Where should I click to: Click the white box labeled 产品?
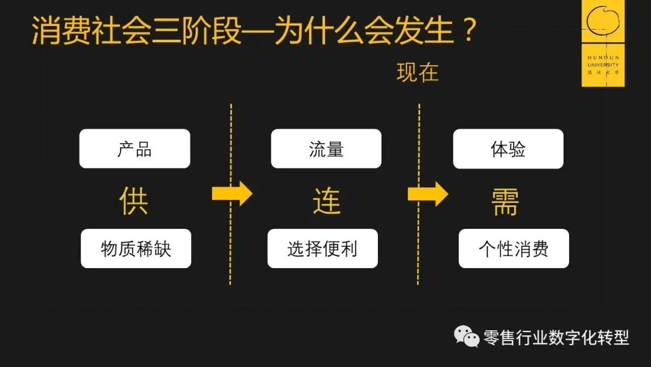(134, 148)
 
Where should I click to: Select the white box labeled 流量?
(326, 148)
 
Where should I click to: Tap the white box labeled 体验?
(508, 148)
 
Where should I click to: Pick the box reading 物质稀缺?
(136, 248)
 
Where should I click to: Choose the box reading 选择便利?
(322, 248)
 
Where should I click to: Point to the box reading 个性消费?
(514, 248)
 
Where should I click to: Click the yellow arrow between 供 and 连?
(231, 194)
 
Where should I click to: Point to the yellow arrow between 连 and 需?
(427, 194)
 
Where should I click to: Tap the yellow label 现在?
(417, 73)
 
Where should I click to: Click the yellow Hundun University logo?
(603, 43)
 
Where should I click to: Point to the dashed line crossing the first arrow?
(231, 254)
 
